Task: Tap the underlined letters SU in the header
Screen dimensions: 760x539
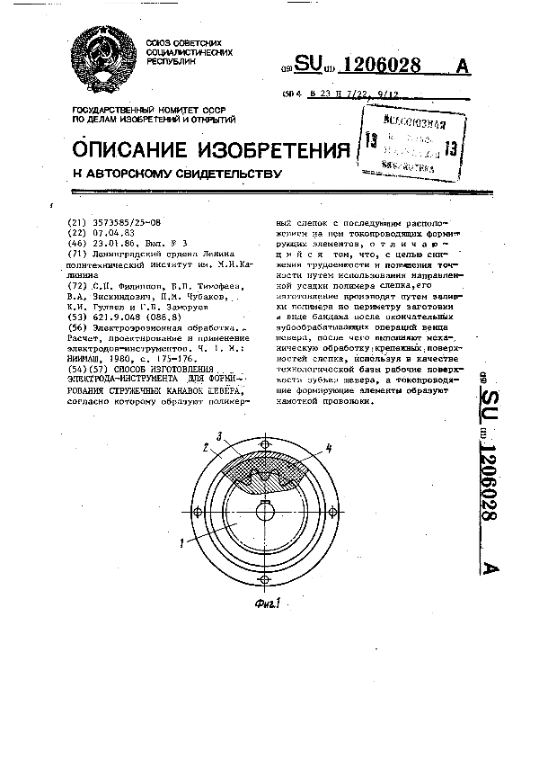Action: coord(309,65)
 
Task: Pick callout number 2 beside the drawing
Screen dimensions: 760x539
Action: coord(206,447)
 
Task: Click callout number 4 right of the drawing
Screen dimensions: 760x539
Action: coord(329,447)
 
